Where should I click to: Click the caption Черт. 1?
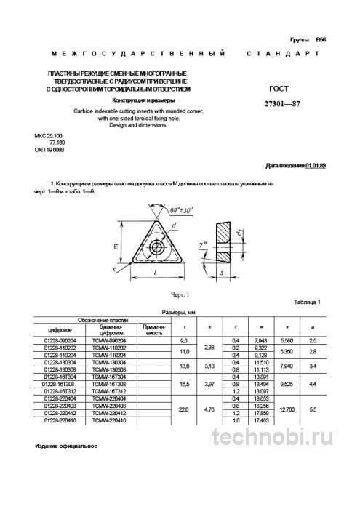tap(179, 294)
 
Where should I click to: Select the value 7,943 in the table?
tap(257, 339)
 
